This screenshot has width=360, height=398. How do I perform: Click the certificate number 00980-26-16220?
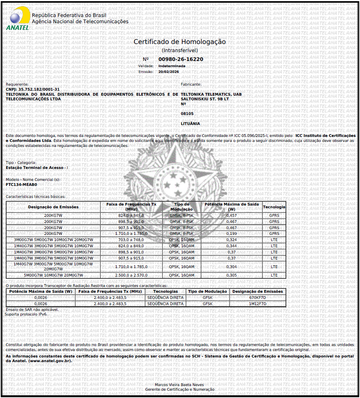coord(181,59)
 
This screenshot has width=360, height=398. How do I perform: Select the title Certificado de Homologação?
coord(179,42)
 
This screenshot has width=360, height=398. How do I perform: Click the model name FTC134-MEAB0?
coord(22,184)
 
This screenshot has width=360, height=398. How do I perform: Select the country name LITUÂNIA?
coord(190,123)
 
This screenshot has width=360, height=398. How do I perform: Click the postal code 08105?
coord(187,114)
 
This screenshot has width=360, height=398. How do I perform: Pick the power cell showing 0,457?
coord(232,215)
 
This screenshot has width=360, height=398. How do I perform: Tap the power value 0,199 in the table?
coord(232,234)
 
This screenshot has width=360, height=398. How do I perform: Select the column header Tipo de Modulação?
coord(182,206)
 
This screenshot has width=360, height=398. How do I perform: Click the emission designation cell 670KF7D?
coord(257,298)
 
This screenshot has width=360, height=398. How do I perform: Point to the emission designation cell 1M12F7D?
coord(257,304)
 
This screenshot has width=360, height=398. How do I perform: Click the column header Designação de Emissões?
coord(53,207)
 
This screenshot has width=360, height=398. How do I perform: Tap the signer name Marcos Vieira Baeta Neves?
coord(179,385)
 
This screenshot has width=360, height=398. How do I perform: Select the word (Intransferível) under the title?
coord(180,50)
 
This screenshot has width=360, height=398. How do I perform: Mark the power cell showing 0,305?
coord(232,275)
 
